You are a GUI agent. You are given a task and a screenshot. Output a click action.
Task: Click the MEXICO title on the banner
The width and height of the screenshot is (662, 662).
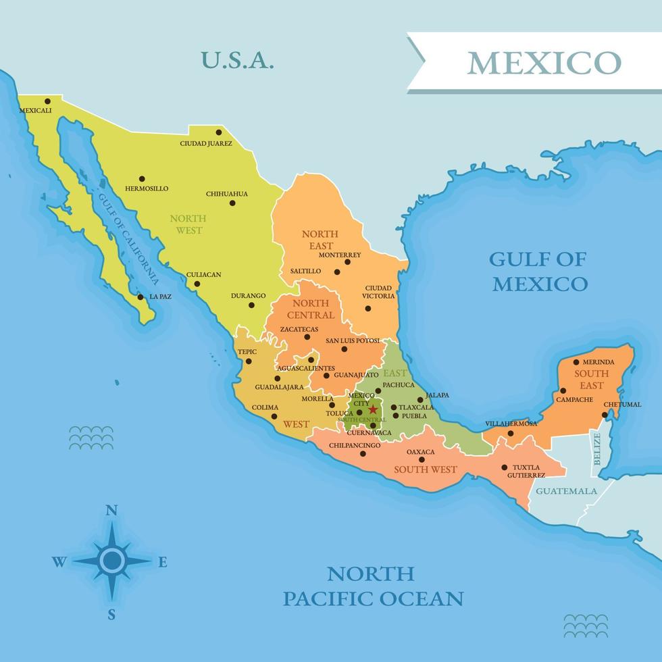543,62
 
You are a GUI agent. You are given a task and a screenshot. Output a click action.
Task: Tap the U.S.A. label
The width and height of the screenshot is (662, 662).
238,60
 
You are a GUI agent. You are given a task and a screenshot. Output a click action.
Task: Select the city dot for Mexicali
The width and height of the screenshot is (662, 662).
47,101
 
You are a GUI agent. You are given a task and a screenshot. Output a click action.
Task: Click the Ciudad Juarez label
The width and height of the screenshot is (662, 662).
206,143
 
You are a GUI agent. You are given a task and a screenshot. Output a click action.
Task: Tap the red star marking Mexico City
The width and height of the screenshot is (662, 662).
372,409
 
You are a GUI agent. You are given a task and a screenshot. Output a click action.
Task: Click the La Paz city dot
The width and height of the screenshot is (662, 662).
141,297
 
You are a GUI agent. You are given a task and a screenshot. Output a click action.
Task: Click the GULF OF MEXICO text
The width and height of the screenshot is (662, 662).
539,271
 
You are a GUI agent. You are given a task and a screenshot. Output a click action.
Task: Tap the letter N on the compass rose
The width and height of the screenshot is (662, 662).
112,510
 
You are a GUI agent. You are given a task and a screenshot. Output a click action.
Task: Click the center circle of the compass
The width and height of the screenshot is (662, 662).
112,560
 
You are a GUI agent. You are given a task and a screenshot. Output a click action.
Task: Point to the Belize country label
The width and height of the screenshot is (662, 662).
596,450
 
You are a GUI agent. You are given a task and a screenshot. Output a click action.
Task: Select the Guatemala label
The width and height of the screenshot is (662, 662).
566,491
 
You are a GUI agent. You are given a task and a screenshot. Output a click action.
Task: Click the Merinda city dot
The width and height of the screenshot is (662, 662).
576,362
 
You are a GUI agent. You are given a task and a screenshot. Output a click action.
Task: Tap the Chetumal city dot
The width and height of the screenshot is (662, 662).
605,414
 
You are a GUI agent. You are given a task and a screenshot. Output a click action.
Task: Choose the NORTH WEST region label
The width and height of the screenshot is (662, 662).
188,224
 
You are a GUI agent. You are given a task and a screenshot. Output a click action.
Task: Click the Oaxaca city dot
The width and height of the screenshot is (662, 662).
422,460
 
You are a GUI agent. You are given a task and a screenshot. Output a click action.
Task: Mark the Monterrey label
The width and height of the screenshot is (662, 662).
339,255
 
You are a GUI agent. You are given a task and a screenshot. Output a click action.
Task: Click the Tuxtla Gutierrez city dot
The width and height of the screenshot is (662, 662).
505,467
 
